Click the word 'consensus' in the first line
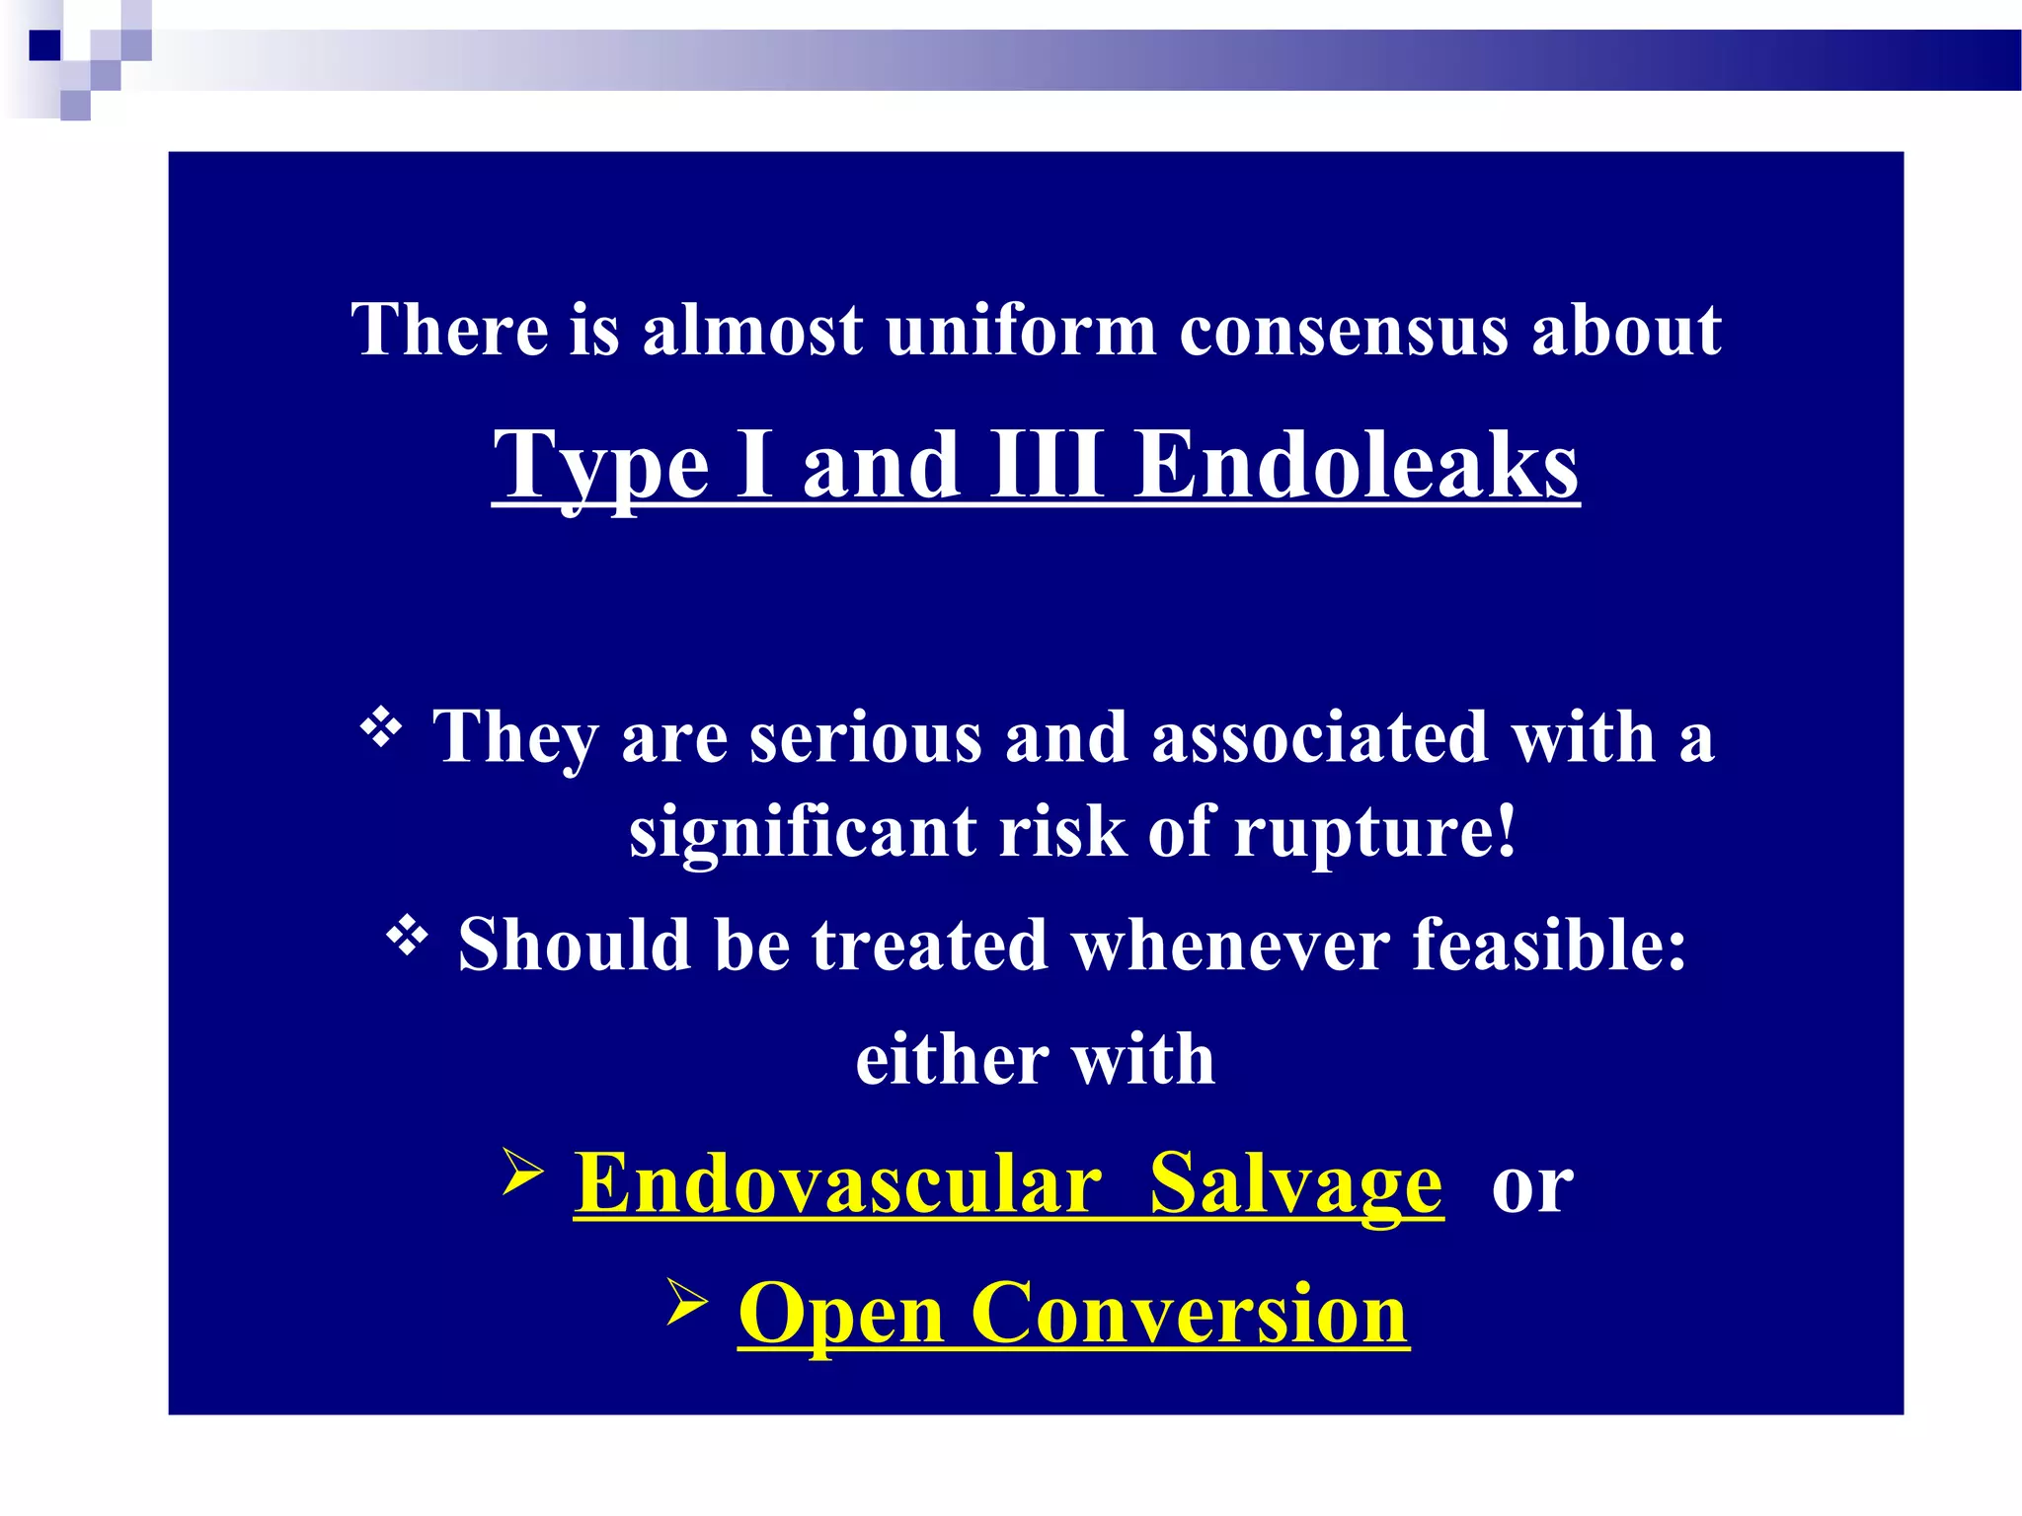pyautogui.click(x=1344, y=331)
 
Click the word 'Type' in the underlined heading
pyautogui.click(x=600, y=465)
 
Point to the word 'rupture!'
pyautogui.click(x=1374, y=832)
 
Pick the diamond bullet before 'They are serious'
pyautogui.click(x=381, y=730)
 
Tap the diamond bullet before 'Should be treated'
pyautogui.click(x=407, y=937)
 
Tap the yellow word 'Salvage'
pyautogui.click(x=1295, y=1184)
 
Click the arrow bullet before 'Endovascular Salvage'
pyautogui.click(x=522, y=1173)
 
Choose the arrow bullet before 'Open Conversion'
pyautogui.click(x=687, y=1302)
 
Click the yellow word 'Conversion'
pyautogui.click(x=1190, y=1314)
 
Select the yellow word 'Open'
pyautogui.click(x=841, y=1316)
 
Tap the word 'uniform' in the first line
pyautogui.click(x=1020, y=331)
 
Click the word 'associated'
pyautogui.click(x=1320, y=738)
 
